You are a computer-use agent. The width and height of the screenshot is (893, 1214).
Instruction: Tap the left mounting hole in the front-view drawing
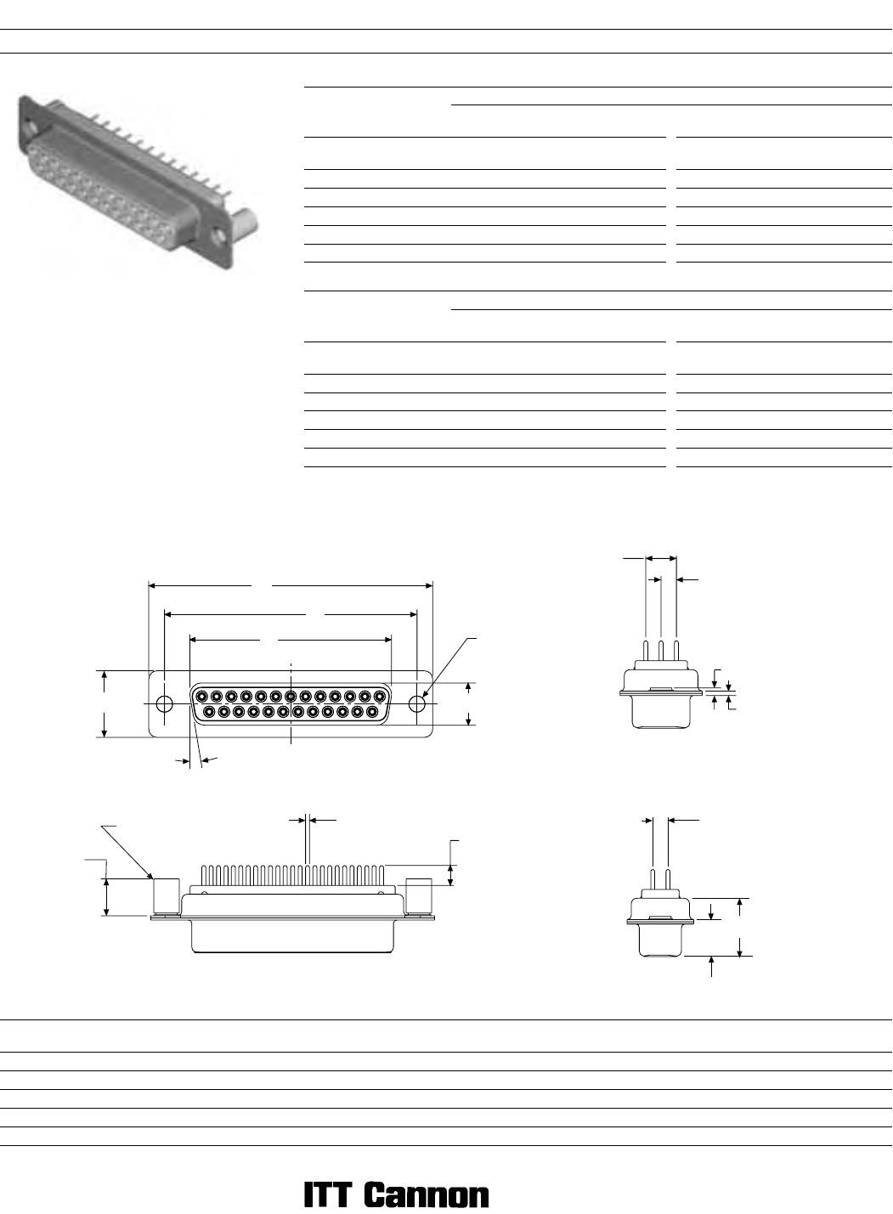coord(164,704)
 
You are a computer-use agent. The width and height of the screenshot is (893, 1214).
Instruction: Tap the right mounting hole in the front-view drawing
coord(416,704)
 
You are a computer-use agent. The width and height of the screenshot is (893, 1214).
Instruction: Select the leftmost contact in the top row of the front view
coord(201,696)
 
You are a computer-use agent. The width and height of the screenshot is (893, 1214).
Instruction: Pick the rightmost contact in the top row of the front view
coord(379,696)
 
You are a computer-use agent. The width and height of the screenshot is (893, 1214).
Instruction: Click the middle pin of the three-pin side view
coord(661,651)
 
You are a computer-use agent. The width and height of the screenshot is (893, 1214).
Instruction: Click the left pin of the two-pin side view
coord(653,879)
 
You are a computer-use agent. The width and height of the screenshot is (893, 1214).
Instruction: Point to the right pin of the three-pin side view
coord(676,651)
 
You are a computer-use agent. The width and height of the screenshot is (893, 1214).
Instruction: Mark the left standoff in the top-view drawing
coord(167,896)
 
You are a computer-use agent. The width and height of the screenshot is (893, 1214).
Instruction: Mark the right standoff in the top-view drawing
coord(419,896)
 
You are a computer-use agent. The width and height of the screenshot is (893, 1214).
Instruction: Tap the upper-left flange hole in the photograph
coord(31,125)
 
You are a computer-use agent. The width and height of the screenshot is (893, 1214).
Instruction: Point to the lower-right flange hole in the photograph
coord(218,236)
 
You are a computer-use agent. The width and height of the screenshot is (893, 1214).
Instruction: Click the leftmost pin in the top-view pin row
coord(203,875)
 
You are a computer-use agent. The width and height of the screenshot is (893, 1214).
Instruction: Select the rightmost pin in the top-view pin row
coord(382,875)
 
